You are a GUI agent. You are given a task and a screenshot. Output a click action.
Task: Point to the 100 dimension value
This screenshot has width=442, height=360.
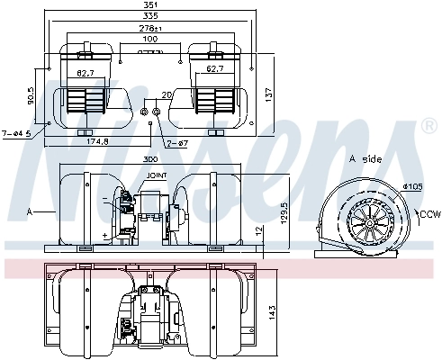point(150,40)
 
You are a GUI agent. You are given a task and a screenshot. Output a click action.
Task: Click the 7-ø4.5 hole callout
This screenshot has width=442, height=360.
point(16,133)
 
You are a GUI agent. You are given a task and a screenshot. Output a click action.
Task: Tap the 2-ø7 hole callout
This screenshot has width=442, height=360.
point(176,143)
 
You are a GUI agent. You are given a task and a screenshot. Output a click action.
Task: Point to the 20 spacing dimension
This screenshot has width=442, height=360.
point(166,94)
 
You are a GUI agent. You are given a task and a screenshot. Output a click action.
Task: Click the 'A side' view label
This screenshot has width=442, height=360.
point(365,158)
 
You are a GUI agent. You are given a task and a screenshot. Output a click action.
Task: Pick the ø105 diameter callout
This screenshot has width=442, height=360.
point(410,186)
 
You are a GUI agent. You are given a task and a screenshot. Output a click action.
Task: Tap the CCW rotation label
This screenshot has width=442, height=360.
point(429,214)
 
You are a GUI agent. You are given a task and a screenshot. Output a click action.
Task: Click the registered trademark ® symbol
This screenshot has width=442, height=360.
point(428,129)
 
